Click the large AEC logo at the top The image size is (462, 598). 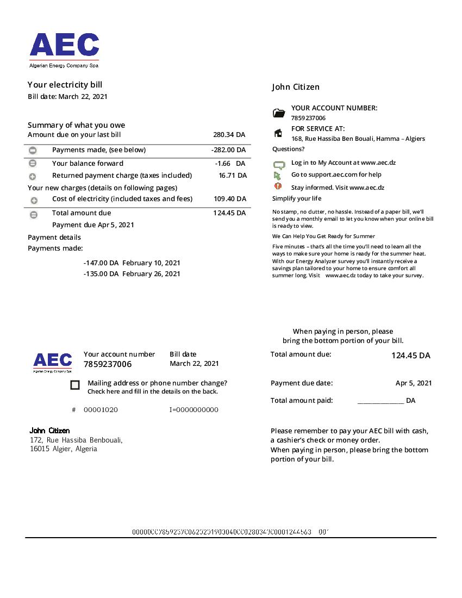coord(64,46)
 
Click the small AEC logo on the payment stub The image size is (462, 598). coord(52,361)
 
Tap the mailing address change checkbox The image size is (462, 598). coord(75,385)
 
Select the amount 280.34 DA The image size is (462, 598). coord(229,135)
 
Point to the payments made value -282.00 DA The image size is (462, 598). coord(228,150)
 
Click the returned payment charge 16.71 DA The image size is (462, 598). coord(233,176)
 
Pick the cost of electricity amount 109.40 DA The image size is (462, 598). coord(230,199)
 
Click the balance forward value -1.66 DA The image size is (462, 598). coord(230,164)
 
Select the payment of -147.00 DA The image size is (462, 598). coord(101,263)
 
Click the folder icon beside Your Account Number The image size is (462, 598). coord(279,113)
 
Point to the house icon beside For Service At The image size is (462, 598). coord(278,133)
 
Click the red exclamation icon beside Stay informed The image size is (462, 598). coord(278,186)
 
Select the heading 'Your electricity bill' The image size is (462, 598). coord(65,85)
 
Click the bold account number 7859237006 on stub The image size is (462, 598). coord(108,364)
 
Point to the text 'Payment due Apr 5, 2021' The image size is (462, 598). coord(93,225)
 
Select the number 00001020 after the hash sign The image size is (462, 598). coord(101,410)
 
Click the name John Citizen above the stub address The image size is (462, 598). coord(49,431)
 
